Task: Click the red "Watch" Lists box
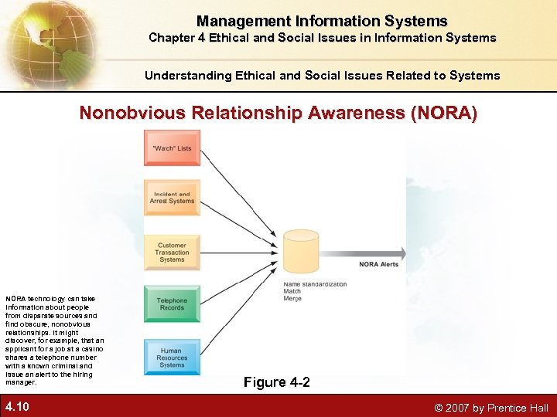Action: tap(172, 147)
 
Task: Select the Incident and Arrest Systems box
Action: tap(172, 198)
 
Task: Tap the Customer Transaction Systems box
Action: tap(172, 253)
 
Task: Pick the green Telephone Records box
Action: tap(172, 304)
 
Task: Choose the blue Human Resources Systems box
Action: tap(172, 357)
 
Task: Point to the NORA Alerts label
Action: tap(378, 264)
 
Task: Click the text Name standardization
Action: tap(315, 284)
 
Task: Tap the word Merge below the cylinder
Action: tap(292, 298)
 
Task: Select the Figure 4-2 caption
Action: tap(277, 382)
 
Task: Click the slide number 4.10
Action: tap(18, 406)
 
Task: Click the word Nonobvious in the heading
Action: tap(131, 114)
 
